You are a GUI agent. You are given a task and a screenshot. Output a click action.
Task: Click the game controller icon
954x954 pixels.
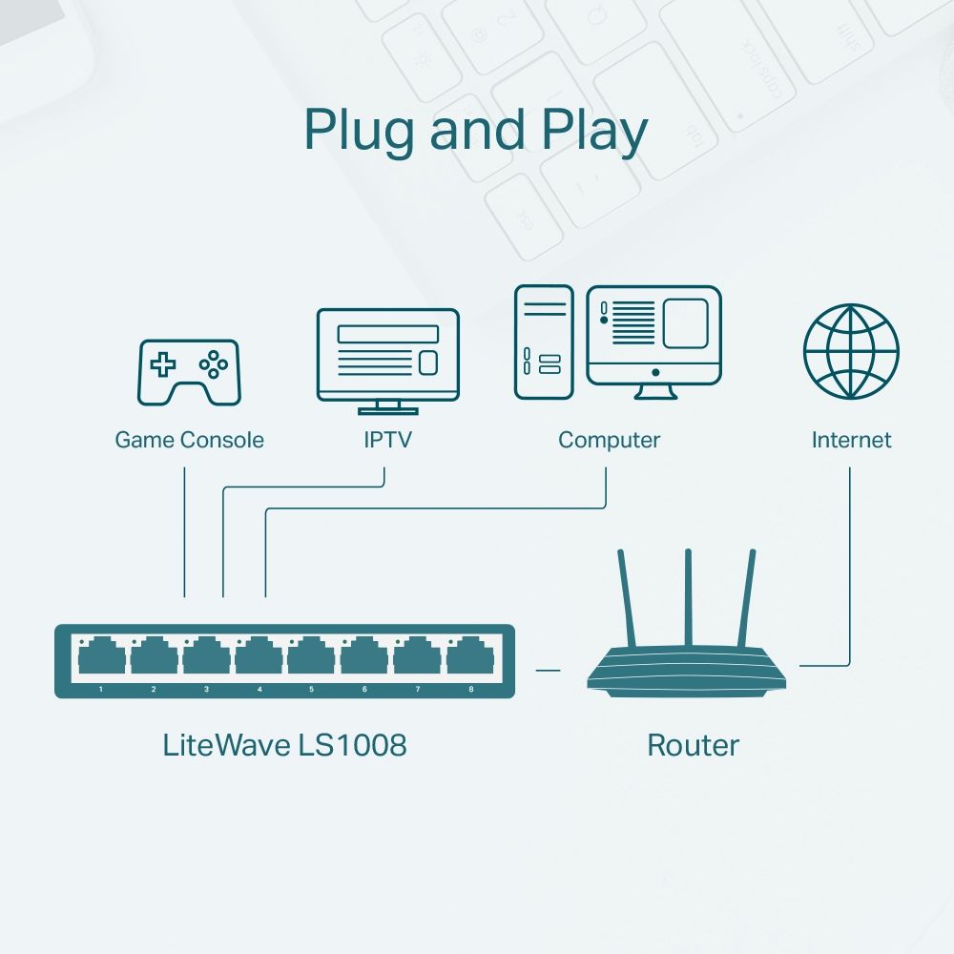190,371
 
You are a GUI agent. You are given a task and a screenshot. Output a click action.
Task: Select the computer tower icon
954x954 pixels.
544,342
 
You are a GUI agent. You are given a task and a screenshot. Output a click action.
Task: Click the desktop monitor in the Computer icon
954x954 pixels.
653,334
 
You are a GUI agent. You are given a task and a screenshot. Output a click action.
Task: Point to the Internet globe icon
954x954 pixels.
851,351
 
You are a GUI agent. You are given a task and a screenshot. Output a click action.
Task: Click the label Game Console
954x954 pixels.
189,440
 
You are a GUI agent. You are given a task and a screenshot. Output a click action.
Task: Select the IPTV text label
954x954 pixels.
388,440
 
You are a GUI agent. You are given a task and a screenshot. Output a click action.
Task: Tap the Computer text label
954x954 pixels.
609,440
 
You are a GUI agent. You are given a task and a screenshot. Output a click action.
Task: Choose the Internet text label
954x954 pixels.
851,440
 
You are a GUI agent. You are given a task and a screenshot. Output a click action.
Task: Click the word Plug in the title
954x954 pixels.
360,131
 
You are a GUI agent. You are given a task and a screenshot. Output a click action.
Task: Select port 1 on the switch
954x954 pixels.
101,658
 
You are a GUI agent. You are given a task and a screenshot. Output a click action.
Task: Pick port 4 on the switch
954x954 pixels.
259,658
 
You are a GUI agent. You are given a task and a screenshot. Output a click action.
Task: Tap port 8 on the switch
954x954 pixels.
470,658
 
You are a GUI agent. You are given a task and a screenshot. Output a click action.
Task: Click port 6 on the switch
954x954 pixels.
364,658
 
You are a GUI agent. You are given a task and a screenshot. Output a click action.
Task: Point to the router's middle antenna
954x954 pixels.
687,596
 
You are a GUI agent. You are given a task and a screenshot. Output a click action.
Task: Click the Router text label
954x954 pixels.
693,745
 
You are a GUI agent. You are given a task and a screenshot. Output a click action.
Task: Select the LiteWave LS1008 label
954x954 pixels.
284,745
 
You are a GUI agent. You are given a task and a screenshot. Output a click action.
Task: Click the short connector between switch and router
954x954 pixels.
548,670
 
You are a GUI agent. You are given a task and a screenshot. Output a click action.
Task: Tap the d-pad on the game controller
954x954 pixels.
164,363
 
